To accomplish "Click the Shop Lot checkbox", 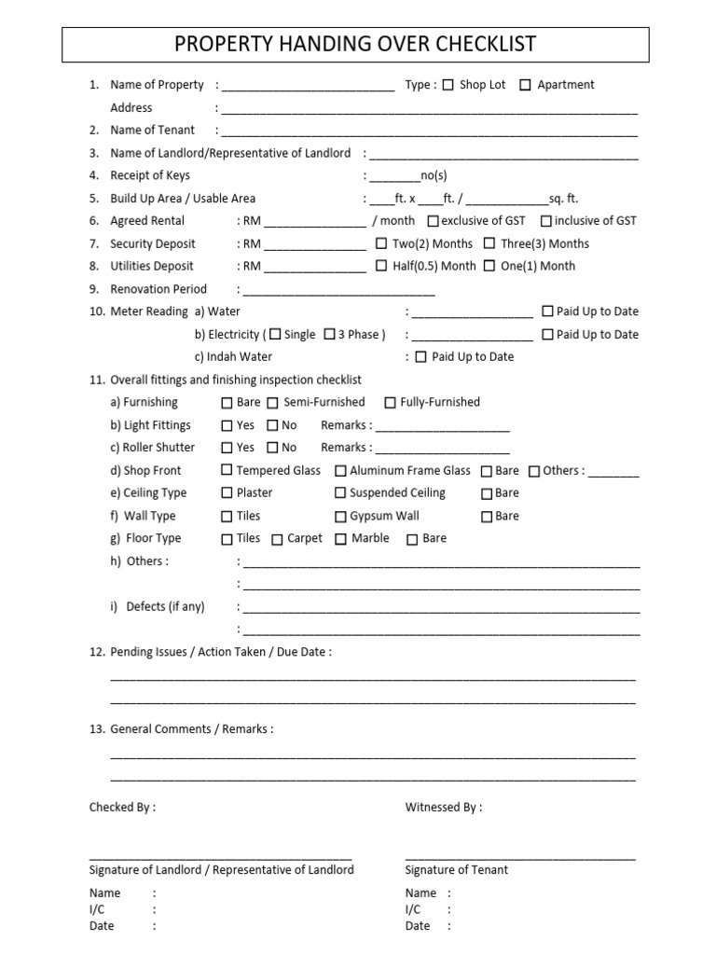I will coord(447,85).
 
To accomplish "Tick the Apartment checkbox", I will coord(525,85).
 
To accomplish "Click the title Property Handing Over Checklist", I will coord(356,45).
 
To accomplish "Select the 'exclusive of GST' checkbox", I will coord(433,221).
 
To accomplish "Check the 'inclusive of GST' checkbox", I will coord(546,221).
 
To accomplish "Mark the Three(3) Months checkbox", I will coord(489,243).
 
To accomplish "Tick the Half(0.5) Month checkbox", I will coord(381,266).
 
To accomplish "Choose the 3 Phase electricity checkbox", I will coord(329,334).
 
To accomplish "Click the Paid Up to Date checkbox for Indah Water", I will coord(420,356).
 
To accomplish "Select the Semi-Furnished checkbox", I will coord(273,403).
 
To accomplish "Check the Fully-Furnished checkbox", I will coord(390,403).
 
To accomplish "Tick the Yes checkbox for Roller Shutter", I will coord(227,448).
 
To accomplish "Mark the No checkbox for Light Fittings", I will coord(273,425).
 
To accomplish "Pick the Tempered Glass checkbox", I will coord(227,471).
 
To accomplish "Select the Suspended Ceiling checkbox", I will coord(340,493).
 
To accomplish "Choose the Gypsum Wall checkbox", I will coord(340,516).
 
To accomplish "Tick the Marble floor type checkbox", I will coord(340,539).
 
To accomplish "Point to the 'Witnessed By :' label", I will coord(444,808).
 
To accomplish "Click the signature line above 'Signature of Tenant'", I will coord(520,856).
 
